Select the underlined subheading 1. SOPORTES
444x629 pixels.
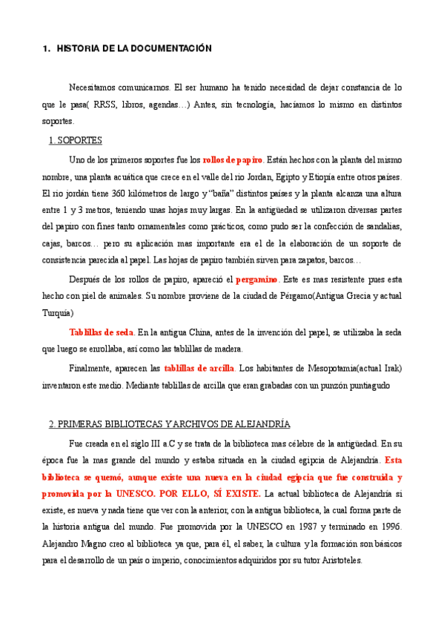point(75,140)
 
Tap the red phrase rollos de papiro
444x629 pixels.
point(232,159)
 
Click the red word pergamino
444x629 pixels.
point(256,280)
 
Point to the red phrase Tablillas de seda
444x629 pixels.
point(102,332)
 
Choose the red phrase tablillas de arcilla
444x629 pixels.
point(199,367)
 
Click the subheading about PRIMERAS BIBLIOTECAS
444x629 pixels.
point(168,424)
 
